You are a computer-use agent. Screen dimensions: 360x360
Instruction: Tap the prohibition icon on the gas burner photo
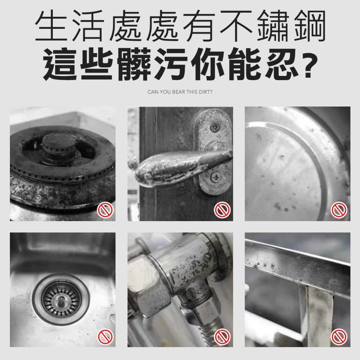[105, 210]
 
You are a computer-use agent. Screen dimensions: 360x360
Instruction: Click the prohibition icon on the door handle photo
[222, 210]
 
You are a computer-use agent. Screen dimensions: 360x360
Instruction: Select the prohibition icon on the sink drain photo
[105, 337]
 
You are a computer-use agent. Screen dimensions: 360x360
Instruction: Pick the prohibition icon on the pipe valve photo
[222, 337]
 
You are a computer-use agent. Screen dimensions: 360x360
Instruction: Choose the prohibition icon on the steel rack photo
[339, 337]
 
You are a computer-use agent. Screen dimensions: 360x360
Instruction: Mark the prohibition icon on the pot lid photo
[339, 210]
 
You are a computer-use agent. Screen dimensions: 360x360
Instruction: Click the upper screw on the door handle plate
[215, 126]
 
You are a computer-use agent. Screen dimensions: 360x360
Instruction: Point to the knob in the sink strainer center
[61, 299]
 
